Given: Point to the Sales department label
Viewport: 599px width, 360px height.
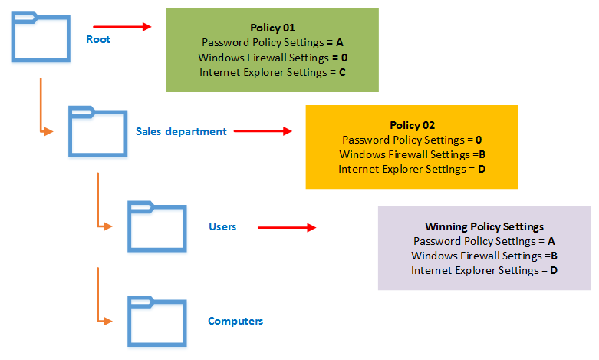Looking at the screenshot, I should (181, 131).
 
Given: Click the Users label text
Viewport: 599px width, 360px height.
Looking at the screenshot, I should (222, 226).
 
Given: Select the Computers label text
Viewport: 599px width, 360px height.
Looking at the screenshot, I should (235, 321).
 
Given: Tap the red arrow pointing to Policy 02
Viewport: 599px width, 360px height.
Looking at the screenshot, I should (263, 131).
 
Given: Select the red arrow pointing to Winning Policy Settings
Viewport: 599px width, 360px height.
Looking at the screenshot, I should (287, 228).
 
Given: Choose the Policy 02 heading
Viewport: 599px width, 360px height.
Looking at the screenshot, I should (412, 125).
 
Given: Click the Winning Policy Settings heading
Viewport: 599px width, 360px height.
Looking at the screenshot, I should (484, 226).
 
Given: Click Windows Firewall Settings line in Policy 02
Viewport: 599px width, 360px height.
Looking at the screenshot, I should (412, 154).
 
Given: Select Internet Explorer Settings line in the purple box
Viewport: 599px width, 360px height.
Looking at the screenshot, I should (484, 270).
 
